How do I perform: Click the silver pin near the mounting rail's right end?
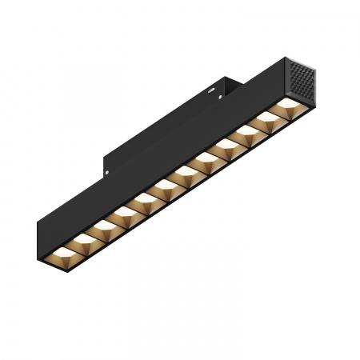[x=218, y=94]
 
